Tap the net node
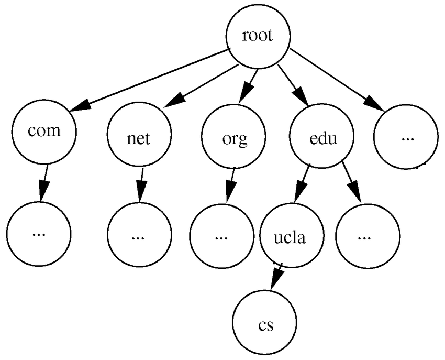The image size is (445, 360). (x=138, y=137)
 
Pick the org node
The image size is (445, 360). (x=232, y=137)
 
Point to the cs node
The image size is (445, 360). (x=265, y=324)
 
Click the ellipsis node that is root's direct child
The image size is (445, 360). (x=406, y=137)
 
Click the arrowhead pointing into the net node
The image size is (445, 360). (x=173, y=101)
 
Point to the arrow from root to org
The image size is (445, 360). (x=249, y=86)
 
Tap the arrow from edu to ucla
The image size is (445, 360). (x=303, y=183)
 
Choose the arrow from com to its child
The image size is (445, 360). (x=44, y=183)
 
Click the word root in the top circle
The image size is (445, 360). (x=258, y=37)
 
